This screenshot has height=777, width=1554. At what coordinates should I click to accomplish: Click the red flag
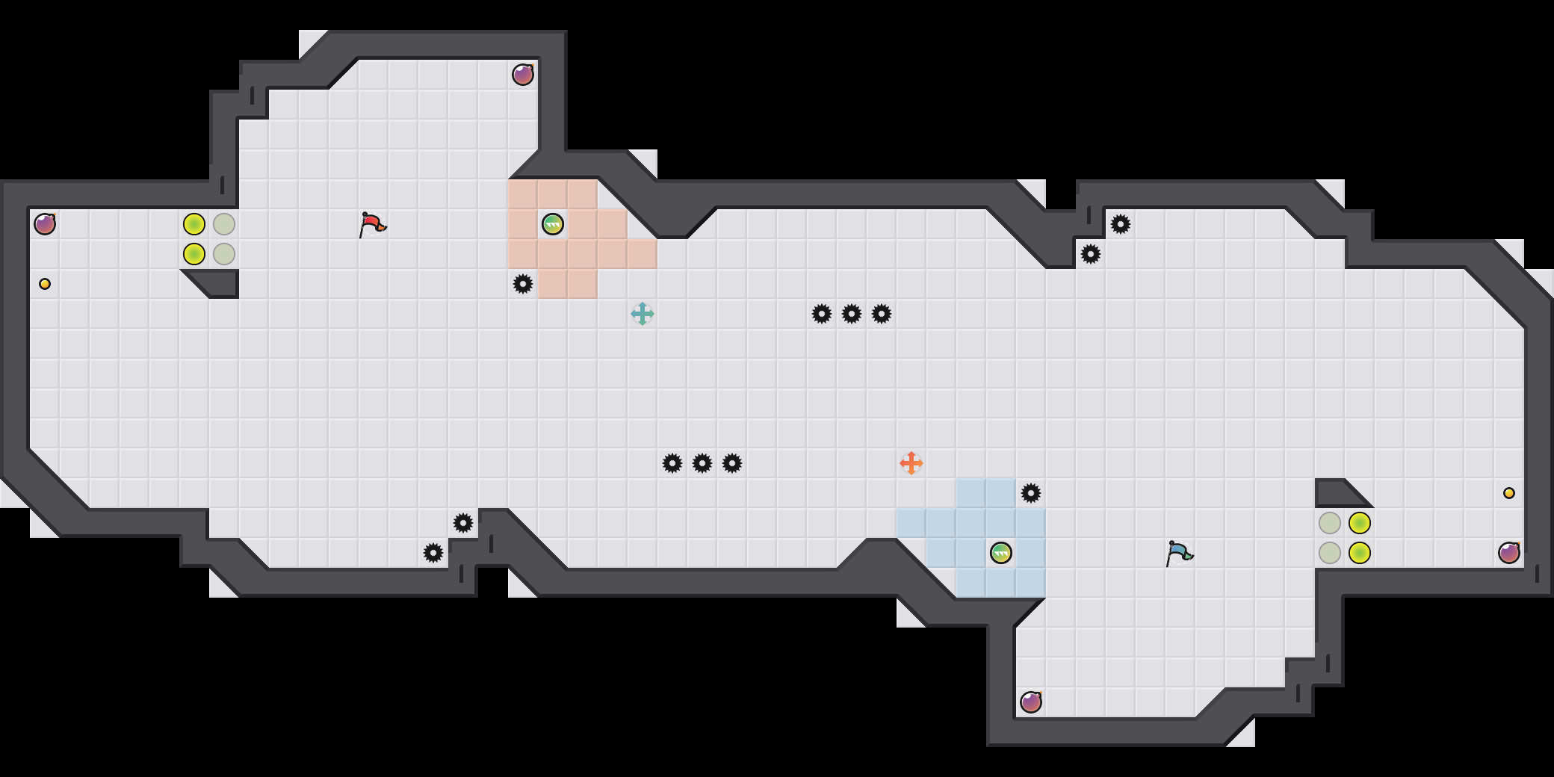pyautogui.click(x=371, y=223)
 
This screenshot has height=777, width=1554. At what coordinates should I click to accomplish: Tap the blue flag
pyautogui.click(x=1178, y=553)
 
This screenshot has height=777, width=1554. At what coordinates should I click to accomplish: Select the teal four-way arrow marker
pyautogui.click(x=643, y=314)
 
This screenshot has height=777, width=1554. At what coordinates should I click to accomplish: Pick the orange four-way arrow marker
pyautogui.click(x=911, y=463)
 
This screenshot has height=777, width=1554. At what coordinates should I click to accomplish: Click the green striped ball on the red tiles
pyautogui.click(x=553, y=224)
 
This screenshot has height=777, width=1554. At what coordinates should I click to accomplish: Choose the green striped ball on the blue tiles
pyautogui.click(x=1001, y=553)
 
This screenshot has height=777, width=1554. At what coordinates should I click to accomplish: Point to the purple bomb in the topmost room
pyautogui.click(x=523, y=75)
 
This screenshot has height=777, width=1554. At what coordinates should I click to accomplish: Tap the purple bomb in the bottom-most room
pyautogui.click(x=1031, y=702)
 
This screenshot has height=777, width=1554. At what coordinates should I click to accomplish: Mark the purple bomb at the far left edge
pyautogui.click(x=45, y=224)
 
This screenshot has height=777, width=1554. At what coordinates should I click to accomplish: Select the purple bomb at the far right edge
pyautogui.click(x=1509, y=553)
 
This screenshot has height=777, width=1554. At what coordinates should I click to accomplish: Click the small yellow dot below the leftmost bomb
pyautogui.click(x=45, y=284)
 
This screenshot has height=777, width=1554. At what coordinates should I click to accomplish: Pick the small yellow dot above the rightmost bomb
pyautogui.click(x=1509, y=493)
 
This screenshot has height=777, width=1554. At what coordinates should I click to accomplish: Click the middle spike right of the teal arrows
pyautogui.click(x=852, y=314)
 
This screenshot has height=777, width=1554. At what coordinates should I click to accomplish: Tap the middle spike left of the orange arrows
pyautogui.click(x=702, y=463)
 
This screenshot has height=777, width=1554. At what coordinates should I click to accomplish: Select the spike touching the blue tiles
pyautogui.click(x=1031, y=493)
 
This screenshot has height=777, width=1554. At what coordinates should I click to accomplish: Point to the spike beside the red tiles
pyautogui.click(x=523, y=284)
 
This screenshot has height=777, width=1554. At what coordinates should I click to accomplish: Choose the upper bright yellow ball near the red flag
pyautogui.click(x=194, y=224)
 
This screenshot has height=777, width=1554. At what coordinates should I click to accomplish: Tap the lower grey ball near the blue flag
pyautogui.click(x=1330, y=553)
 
